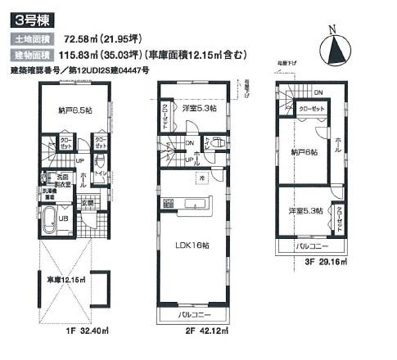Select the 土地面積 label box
pos(31,38)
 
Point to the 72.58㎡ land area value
pos(76,38)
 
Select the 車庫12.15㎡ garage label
pos(65,280)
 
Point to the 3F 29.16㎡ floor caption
pos(321,261)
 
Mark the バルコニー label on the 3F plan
pos(314,245)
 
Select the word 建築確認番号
pos(34,70)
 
